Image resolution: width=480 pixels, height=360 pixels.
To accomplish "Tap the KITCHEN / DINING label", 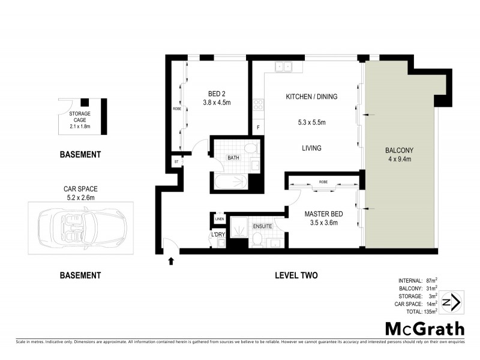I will tap(311, 97).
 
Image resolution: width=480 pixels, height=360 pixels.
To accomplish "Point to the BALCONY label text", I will tap(399, 150).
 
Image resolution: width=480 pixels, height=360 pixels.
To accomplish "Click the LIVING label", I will tap(311, 148).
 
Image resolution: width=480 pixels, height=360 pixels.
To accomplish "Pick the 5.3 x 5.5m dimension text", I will tap(311, 123).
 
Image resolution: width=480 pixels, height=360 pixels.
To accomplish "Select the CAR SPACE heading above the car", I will tap(80, 187).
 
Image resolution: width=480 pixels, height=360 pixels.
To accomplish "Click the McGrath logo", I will tap(424, 329).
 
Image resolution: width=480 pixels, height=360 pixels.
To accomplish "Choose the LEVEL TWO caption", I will tap(296, 275).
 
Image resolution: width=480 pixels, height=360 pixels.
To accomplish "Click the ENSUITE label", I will tap(262, 226).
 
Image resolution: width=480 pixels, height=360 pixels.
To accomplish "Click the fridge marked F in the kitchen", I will tap(258, 127).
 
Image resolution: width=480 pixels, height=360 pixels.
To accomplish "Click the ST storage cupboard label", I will tap(176, 161).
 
